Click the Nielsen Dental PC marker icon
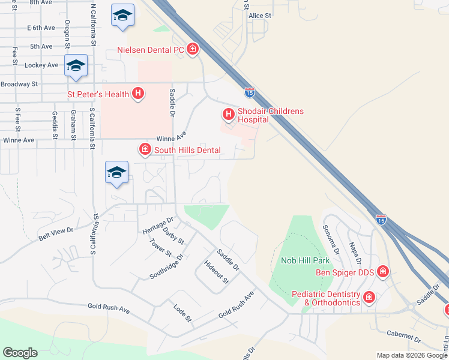point(193,49)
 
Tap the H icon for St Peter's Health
point(138,94)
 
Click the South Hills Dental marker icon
point(145,149)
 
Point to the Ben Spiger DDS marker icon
point(382,272)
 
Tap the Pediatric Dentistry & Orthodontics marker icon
point(369,296)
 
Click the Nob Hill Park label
point(304,261)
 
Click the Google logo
point(20,353)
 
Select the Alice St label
point(260,15)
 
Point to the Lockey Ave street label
point(41,65)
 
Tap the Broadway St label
point(19,85)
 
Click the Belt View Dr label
point(56,233)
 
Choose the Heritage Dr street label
point(158,226)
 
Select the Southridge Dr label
point(166,266)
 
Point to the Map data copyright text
point(412,355)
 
